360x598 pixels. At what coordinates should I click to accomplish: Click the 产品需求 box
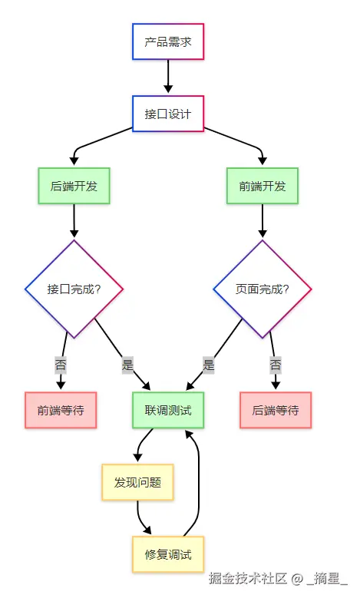[x=168, y=41]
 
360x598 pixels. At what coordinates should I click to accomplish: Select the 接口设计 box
[x=168, y=114]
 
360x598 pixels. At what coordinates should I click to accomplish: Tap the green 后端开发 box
[x=74, y=186]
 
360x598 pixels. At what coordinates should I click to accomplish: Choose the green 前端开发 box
[x=263, y=186]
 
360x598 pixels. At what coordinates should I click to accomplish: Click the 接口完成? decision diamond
[x=74, y=289]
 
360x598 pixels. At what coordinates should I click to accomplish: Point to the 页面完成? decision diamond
[x=263, y=289]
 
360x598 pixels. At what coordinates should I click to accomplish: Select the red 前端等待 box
[x=61, y=410]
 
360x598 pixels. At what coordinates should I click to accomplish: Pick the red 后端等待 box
[x=276, y=410]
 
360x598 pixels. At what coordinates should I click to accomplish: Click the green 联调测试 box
[x=168, y=410]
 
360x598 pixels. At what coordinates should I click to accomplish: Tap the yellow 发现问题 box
[x=137, y=482]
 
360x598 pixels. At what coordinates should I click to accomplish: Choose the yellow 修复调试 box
[x=168, y=554]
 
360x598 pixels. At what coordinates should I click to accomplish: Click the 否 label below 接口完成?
[x=61, y=365]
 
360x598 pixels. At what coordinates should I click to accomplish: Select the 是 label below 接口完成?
[x=127, y=365]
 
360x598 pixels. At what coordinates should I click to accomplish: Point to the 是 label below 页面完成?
[x=209, y=365]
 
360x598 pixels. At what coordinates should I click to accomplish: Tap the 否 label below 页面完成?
[x=276, y=365]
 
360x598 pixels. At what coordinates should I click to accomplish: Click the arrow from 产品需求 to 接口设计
[x=168, y=76]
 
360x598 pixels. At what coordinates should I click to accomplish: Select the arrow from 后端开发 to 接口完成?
[x=74, y=220]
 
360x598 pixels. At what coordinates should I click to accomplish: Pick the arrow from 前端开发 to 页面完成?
[x=263, y=220]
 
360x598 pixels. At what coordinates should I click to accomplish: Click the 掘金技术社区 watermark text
[x=247, y=578]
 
